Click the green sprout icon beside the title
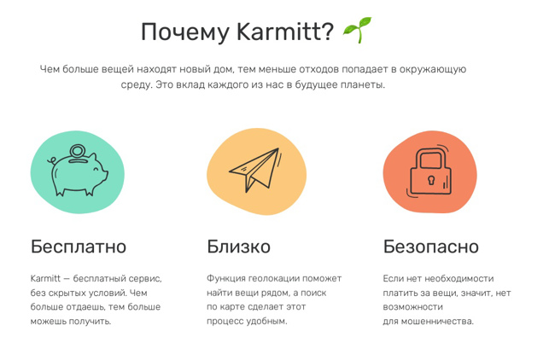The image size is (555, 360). [x=358, y=30]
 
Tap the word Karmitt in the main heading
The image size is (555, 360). [x=285, y=32]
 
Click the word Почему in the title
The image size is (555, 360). [x=185, y=32]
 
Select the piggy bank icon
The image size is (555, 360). [x=78, y=170]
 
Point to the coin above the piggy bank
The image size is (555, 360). [x=78, y=151]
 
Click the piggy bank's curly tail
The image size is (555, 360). [x=52, y=161]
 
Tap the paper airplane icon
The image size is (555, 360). [x=254, y=171]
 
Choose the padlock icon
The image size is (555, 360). [x=430, y=171]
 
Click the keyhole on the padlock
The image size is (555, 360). [x=430, y=180]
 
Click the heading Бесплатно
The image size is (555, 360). [x=79, y=247]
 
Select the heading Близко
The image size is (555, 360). [x=238, y=247]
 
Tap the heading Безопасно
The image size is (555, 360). [x=430, y=247]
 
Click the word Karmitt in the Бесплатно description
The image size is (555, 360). [x=45, y=279]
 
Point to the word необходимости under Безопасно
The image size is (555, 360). [x=459, y=279]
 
